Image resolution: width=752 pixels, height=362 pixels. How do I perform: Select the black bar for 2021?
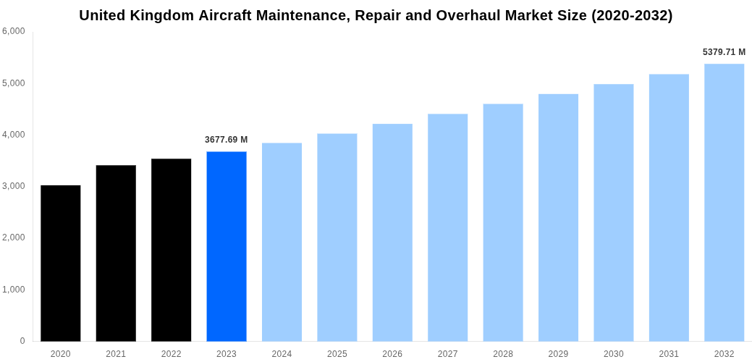click(x=116, y=253)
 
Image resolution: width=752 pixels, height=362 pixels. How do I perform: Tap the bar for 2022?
click(x=172, y=250)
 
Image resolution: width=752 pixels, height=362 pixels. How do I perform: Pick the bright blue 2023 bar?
click(x=227, y=246)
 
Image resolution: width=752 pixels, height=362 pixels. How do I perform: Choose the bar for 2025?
click(x=337, y=237)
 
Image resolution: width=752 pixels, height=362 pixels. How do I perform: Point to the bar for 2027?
click(x=448, y=227)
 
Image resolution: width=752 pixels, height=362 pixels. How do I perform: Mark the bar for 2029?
click(x=558, y=217)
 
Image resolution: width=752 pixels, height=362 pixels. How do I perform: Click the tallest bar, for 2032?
click(x=724, y=202)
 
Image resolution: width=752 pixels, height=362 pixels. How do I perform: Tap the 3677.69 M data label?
click(x=227, y=140)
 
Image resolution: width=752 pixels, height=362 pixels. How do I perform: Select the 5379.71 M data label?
click(x=724, y=52)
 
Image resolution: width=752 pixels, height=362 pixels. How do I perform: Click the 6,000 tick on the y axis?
click(x=14, y=31)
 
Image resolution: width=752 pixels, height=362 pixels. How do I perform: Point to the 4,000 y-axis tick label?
click(x=14, y=135)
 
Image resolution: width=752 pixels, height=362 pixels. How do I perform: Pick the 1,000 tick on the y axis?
click(x=14, y=290)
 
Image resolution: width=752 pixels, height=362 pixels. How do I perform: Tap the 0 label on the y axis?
click(x=22, y=341)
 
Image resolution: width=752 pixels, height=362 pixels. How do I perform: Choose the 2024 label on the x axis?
click(x=282, y=354)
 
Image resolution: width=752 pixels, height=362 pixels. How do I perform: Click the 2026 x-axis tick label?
click(x=392, y=354)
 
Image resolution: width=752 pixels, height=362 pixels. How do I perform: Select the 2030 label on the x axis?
click(x=614, y=354)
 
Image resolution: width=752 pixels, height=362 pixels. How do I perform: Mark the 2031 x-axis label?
click(x=669, y=354)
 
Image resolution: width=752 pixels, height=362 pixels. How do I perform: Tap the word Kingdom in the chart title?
click(x=160, y=15)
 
